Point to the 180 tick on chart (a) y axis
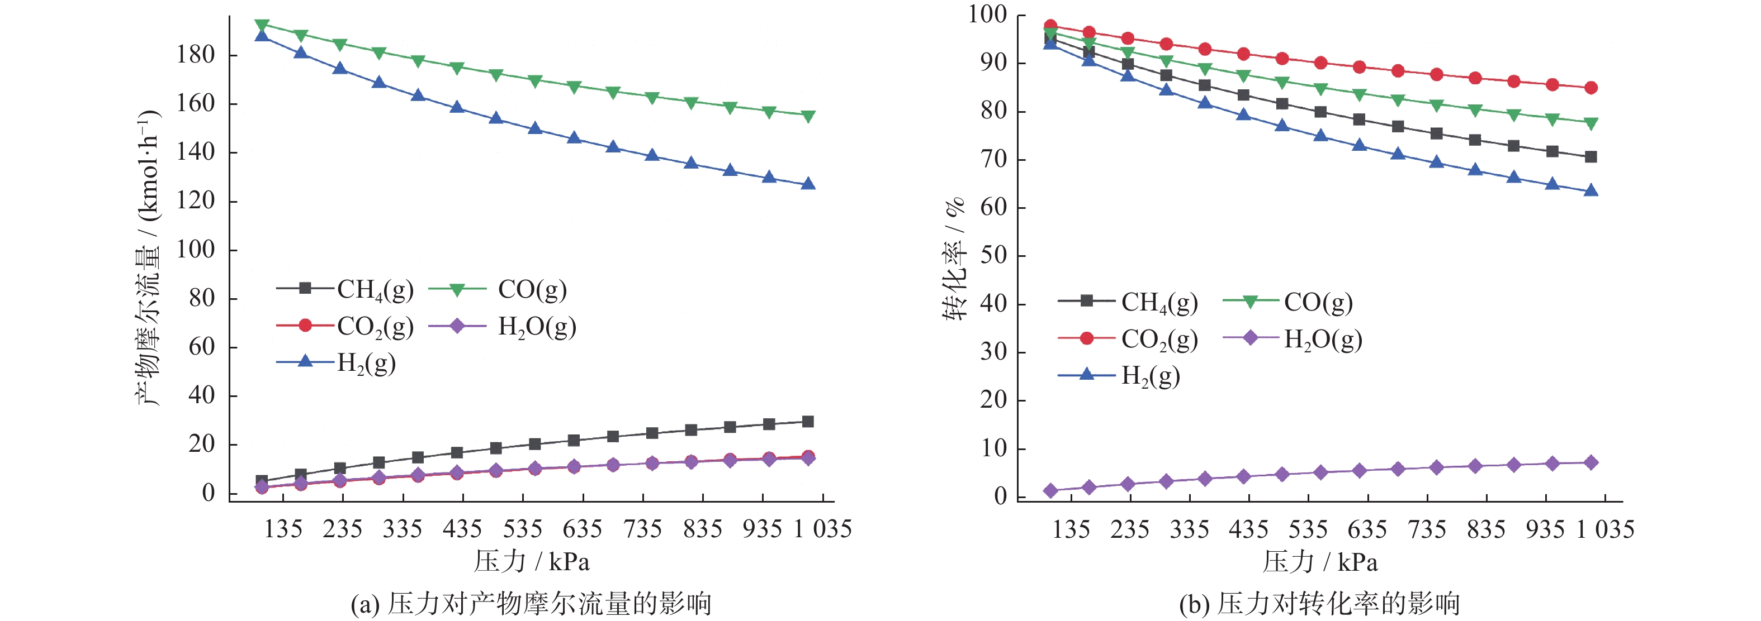(196, 55)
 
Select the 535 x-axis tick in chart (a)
(522, 529)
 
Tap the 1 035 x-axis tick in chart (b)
(1605, 529)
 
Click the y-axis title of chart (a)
(148, 258)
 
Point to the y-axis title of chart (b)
(954, 258)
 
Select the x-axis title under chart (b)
(1319, 562)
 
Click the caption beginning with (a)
(531, 604)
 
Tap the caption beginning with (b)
(1319, 604)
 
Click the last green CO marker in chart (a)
(808, 116)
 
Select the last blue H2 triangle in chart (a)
(808, 184)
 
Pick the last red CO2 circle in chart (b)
(1591, 88)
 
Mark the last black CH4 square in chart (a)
(808, 422)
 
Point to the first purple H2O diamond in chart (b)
(1050, 490)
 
